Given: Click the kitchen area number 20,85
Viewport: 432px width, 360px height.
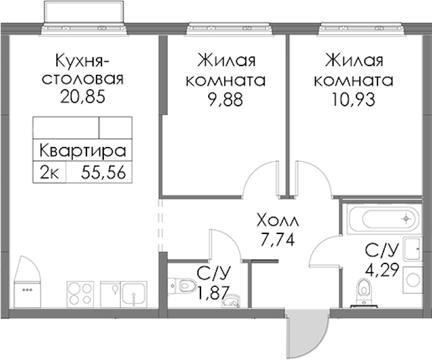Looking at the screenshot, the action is coord(83,97).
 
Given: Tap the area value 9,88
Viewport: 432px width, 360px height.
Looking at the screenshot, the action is coord(226,100).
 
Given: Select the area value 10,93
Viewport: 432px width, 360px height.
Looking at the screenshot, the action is coord(353,100).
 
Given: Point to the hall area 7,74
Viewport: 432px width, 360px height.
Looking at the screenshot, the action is coord(278,239).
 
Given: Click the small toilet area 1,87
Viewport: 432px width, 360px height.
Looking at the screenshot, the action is coord(214,293).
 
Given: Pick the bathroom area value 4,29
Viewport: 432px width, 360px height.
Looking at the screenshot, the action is coord(382,271).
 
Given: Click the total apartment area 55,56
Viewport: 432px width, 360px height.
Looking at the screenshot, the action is coord(104,173).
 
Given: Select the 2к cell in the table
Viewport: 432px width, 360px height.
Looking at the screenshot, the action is coord(49,173).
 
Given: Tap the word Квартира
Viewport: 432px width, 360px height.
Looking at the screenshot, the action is coord(83,151).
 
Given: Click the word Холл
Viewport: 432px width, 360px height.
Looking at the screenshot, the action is coord(278,220).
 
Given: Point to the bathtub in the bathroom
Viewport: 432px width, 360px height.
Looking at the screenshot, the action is coord(384,219).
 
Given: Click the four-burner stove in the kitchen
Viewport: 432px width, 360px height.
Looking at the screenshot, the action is coord(80,294).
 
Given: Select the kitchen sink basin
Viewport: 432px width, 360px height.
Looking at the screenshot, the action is coord(134,294).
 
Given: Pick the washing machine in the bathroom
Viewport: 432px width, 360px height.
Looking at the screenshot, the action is coord(413,280).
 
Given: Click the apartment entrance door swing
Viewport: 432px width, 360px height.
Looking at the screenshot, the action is coord(308,333).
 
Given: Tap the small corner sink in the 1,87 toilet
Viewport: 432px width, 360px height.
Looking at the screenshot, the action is coord(231,301).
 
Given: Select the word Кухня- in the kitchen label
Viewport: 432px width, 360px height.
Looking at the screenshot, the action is coord(83,61).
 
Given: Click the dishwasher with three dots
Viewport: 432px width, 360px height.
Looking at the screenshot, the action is coord(28,294).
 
